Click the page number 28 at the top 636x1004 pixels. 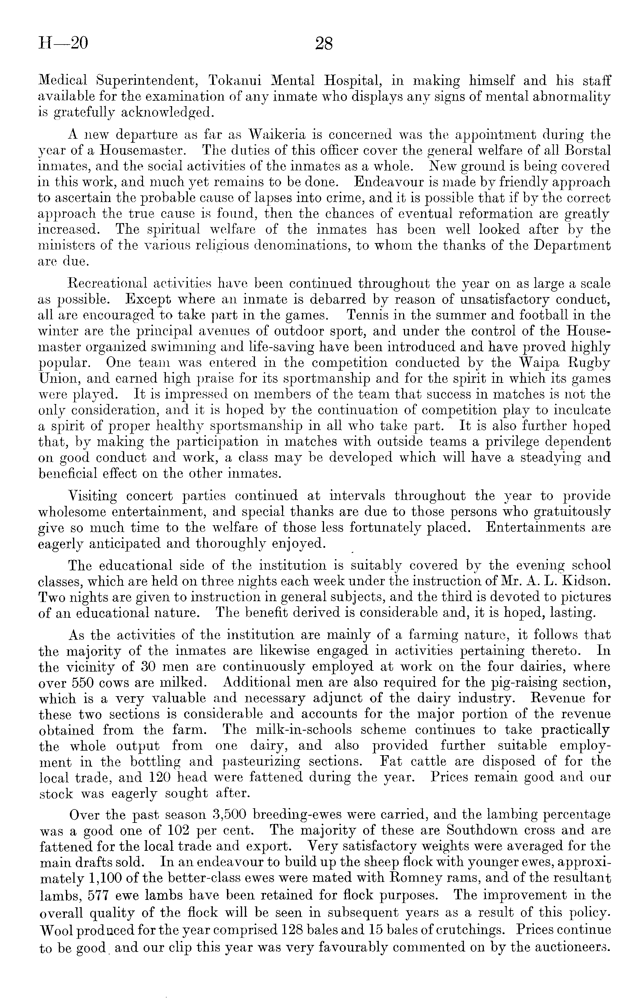pyautogui.click(x=324, y=43)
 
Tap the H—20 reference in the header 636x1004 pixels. pyautogui.click(x=63, y=43)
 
